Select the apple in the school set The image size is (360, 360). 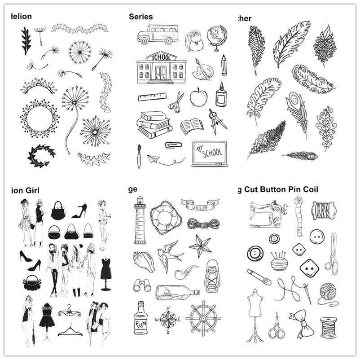pyautogui.click(x=198, y=97)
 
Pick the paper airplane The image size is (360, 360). pyautogui.click(x=154, y=158)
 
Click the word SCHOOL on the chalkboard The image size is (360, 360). pyautogui.click(x=212, y=153)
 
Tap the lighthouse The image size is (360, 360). pyautogui.click(x=139, y=220)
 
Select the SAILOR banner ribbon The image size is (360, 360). pyautogui.click(x=201, y=207)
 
